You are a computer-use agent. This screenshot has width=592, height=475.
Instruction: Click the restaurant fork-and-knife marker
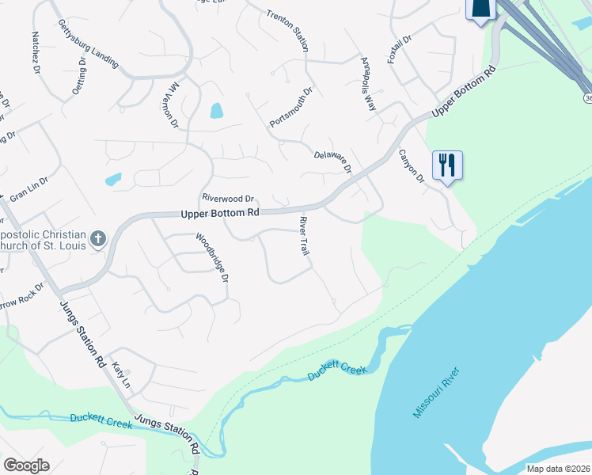pos(447,165)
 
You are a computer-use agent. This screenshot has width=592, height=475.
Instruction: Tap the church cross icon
pos(97,238)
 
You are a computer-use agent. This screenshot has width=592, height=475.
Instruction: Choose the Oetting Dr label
pos(78,75)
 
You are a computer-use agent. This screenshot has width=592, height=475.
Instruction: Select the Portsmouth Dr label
pos(291,108)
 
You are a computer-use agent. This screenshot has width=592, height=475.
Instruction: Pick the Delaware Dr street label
pos(333,161)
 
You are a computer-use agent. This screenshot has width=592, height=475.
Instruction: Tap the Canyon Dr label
pos(412,166)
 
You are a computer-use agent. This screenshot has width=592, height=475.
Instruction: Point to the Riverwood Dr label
pos(228,198)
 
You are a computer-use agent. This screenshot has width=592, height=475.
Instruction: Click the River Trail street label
pos(302,236)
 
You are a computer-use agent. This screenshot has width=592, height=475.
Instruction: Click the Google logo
pos(26,465)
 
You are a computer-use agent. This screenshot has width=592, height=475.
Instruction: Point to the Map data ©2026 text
pos(558,469)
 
